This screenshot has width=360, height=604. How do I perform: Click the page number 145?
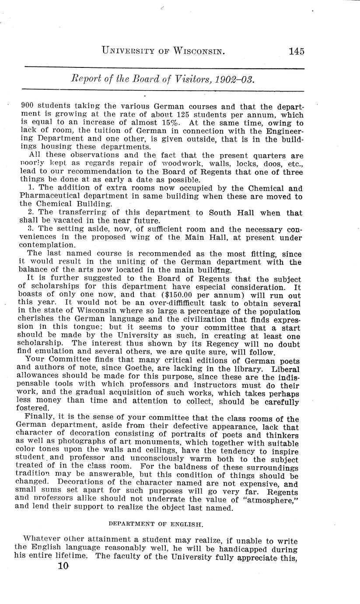click(x=296, y=52)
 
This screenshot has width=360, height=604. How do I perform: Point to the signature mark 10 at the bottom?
click(x=63, y=565)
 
